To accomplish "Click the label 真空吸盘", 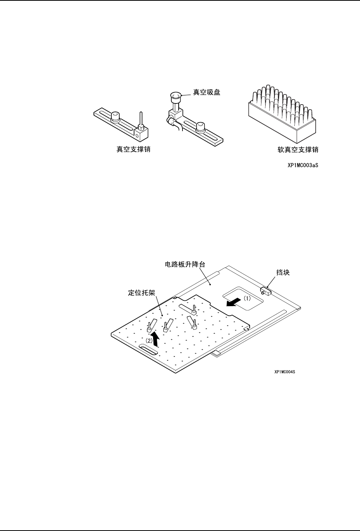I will click(206, 92).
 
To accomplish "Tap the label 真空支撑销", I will click(133, 150).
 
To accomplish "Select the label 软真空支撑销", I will click(298, 150).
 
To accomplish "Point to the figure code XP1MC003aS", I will click(303, 166).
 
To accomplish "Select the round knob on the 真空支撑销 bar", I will click(116, 116).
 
